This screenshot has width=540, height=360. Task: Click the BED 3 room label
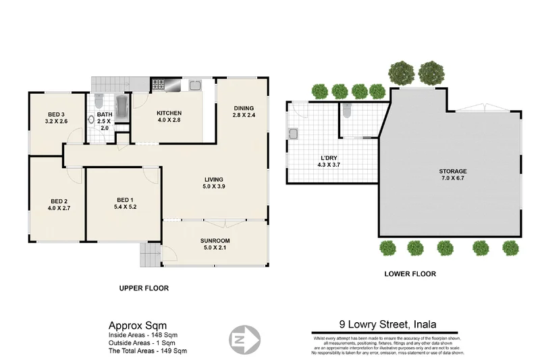[x=56, y=118]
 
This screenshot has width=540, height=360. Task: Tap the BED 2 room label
[x=59, y=205]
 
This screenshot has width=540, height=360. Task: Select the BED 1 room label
[x=125, y=203]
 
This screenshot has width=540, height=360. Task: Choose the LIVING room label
[x=214, y=183]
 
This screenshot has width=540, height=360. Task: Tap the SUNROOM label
[x=215, y=245]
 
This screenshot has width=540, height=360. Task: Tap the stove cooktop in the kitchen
[x=159, y=85]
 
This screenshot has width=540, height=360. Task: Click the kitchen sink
[x=194, y=85]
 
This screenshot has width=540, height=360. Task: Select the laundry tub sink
[x=293, y=133]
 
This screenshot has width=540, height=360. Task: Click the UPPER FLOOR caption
[x=144, y=288]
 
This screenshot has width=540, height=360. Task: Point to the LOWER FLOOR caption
[x=410, y=274]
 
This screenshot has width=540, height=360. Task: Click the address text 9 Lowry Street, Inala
[x=389, y=326]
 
